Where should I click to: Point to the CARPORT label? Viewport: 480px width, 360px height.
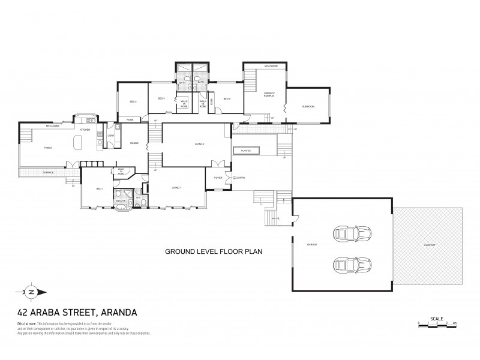(x=429, y=245)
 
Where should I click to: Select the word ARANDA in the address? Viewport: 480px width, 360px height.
(x=113, y=312)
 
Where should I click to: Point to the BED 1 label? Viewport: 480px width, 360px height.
(x=99, y=188)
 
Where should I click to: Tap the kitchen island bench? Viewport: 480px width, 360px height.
(x=76, y=143)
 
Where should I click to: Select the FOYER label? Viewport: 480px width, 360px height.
(x=218, y=178)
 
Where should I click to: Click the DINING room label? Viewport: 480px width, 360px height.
(x=135, y=143)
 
